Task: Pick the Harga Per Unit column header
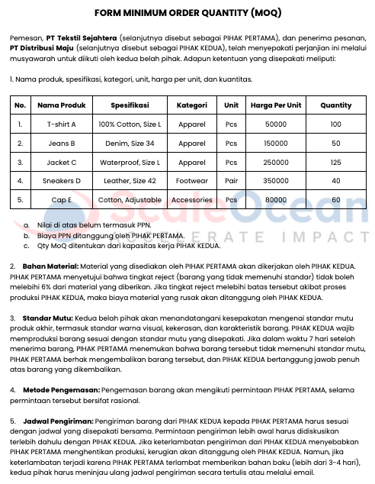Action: pyautogui.click(x=275, y=105)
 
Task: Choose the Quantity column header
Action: pyautogui.click(x=336, y=105)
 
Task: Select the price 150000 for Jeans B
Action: pyautogui.click(x=275, y=143)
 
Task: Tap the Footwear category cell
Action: pyautogui.click(x=191, y=181)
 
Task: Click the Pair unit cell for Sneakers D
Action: pyautogui.click(x=231, y=181)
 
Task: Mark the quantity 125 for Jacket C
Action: pyautogui.click(x=336, y=162)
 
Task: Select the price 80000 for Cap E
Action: pyautogui.click(x=275, y=199)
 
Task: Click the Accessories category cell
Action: pyautogui.click(x=191, y=199)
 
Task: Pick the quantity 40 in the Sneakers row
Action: pyautogui.click(x=336, y=181)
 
